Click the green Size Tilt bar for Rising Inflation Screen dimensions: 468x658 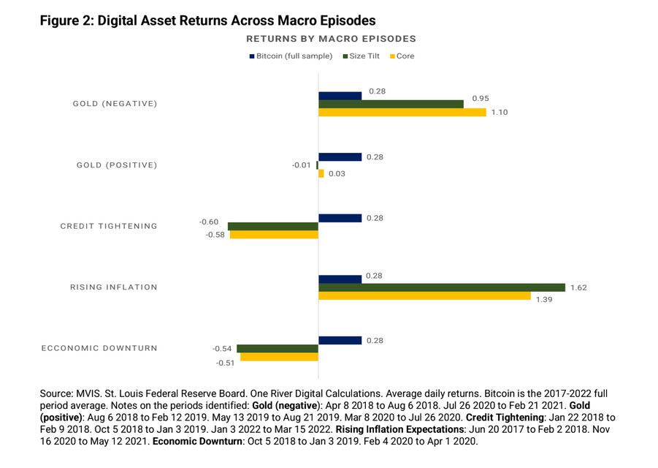coord(441,287)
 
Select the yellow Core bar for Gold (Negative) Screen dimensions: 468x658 coord(402,112)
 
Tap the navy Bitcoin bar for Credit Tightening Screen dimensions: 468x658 coord(340,218)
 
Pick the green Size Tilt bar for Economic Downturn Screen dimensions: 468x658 coord(278,349)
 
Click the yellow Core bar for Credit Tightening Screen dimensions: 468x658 coord(274,235)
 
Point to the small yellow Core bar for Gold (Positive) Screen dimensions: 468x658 coord(321,173)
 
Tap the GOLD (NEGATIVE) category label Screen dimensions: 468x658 coord(115,104)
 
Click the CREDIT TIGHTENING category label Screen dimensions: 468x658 coord(109,226)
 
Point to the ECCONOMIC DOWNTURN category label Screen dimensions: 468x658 coord(99,348)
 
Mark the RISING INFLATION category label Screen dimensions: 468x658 coord(113,287)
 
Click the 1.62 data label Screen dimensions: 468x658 coord(578,287)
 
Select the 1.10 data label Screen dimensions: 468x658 coord(500,112)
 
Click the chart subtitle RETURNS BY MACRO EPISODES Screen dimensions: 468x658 coord(331,38)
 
